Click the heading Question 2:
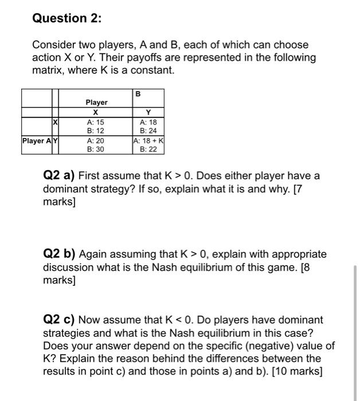66,18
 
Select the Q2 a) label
60,175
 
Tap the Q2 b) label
60,254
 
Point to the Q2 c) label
60,320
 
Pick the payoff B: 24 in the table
148,131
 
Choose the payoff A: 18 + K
148,140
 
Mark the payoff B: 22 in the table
148,149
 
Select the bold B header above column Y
138,93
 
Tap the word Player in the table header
96,103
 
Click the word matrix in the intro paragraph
48,70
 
